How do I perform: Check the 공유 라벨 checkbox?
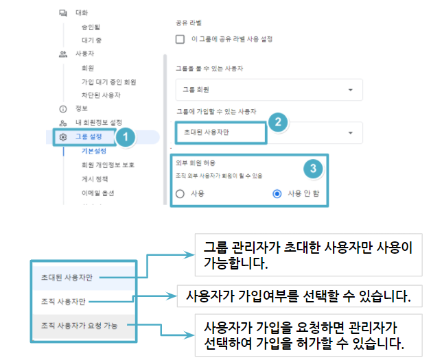tap(180, 39)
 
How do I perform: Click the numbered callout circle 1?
tap(126, 136)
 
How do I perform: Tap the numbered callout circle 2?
tap(278, 122)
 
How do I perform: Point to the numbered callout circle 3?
tap(313, 169)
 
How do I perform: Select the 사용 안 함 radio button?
tap(277, 194)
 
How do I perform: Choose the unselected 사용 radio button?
tap(180, 194)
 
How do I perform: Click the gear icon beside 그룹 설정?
tap(63, 136)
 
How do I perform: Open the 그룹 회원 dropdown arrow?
tap(351, 90)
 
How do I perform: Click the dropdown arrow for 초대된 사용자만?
tap(351, 133)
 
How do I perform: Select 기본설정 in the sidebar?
tap(94, 151)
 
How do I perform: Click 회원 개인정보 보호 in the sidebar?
tap(108, 165)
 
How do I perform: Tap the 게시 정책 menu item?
tap(95, 179)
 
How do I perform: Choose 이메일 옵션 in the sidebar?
tap(98, 193)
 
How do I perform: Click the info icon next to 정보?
tap(63, 109)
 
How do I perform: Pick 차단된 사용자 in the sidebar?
tap(101, 95)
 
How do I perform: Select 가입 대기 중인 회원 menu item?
tap(109, 82)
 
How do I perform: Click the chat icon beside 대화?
tap(63, 13)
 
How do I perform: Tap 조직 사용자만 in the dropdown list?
tap(63, 302)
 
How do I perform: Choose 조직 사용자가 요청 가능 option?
tap(79, 326)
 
